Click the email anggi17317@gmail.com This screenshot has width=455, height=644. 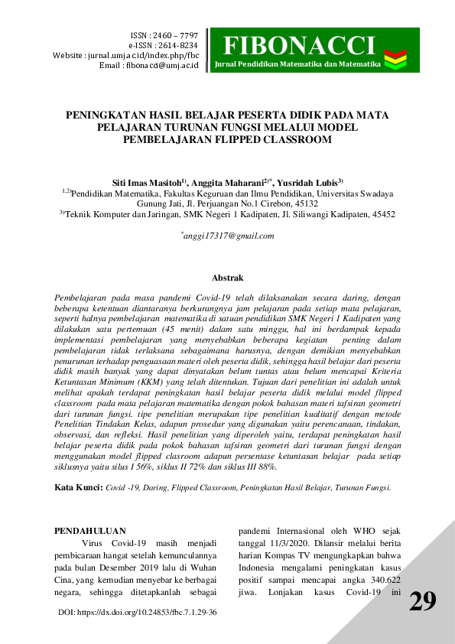tap(229, 236)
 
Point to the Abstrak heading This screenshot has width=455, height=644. tap(227, 278)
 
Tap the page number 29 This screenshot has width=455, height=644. tap(423, 601)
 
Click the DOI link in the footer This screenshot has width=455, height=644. tap(138, 613)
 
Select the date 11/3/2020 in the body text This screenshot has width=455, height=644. tap(267, 545)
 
